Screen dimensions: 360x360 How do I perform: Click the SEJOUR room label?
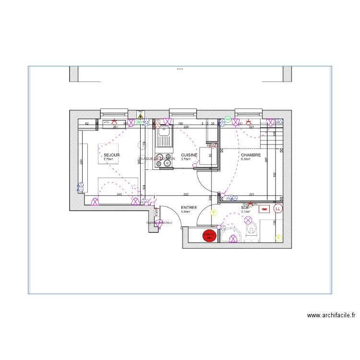click(111, 155)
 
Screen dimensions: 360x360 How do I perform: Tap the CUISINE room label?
click(189, 155)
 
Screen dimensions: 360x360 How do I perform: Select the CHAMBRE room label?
click(251, 155)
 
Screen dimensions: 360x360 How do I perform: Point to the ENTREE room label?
click(189, 207)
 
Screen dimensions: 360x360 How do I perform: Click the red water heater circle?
click(209, 236)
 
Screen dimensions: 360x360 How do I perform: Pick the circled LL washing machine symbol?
click(278, 209)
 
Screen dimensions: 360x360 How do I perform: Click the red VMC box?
click(264, 209)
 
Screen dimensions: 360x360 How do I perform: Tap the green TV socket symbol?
click(139, 122)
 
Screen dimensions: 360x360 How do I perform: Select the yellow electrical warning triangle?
click(140, 116)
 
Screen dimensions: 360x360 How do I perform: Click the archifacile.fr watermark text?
click(331, 315)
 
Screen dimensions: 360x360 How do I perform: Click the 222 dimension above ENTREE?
click(185, 194)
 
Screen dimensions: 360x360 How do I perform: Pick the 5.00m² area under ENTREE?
click(186, 212)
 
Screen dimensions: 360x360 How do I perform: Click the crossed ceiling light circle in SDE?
click(248, 220)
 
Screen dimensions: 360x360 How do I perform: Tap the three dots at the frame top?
click(180, 69)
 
